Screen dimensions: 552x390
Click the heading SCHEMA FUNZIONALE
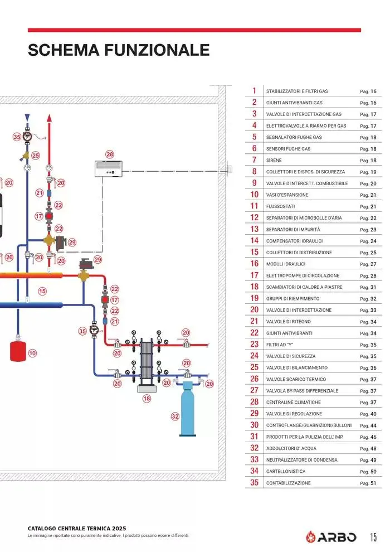point(119,50)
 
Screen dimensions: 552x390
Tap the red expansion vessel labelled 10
point(19,350)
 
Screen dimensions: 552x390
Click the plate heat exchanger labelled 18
point(147,363)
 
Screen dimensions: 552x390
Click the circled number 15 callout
point(42,290)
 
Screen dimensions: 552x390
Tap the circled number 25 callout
point(36,156)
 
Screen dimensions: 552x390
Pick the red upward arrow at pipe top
point(49,118)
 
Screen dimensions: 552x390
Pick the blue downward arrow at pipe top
point(27,118)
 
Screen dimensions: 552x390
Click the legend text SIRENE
point(274,161)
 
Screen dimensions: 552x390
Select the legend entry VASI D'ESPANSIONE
point(287,195)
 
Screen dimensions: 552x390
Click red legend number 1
point(254,91)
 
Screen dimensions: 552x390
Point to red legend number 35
point(254,483)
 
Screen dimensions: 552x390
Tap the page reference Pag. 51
point(368,483)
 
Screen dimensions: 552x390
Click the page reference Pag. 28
point(368,275)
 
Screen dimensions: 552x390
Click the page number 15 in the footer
point(373,537)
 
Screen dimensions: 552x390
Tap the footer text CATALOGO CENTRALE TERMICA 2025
point(77,528)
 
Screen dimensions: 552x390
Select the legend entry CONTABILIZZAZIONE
point(289,483)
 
